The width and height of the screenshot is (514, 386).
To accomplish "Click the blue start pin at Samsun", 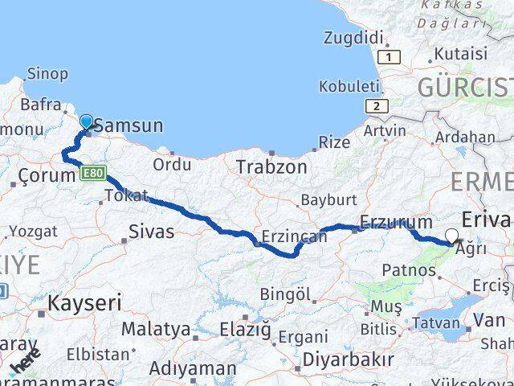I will click(86, 121).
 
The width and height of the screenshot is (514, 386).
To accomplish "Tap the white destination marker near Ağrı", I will click(451, 236).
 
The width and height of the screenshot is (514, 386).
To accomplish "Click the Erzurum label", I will click(396, 222).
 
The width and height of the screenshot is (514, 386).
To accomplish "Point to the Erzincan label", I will click(294, 237).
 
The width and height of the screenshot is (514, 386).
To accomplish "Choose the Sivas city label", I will click(152, 233).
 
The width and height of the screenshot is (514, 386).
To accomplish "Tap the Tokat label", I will click(126, 195).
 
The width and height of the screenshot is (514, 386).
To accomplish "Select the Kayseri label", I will click(84, 303).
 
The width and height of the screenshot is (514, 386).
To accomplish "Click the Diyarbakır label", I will click(349, 359).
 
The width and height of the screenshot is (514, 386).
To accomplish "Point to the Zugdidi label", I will click(353, 37).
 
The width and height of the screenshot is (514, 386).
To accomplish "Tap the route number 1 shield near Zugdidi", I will click(390, 57).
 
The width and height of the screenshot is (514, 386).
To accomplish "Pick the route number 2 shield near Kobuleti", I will click(375, 105).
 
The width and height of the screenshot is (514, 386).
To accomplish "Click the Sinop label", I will click(47, 74).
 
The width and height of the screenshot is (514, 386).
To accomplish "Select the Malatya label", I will click(156, 330).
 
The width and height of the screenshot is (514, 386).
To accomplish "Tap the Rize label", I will click(334, 142).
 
